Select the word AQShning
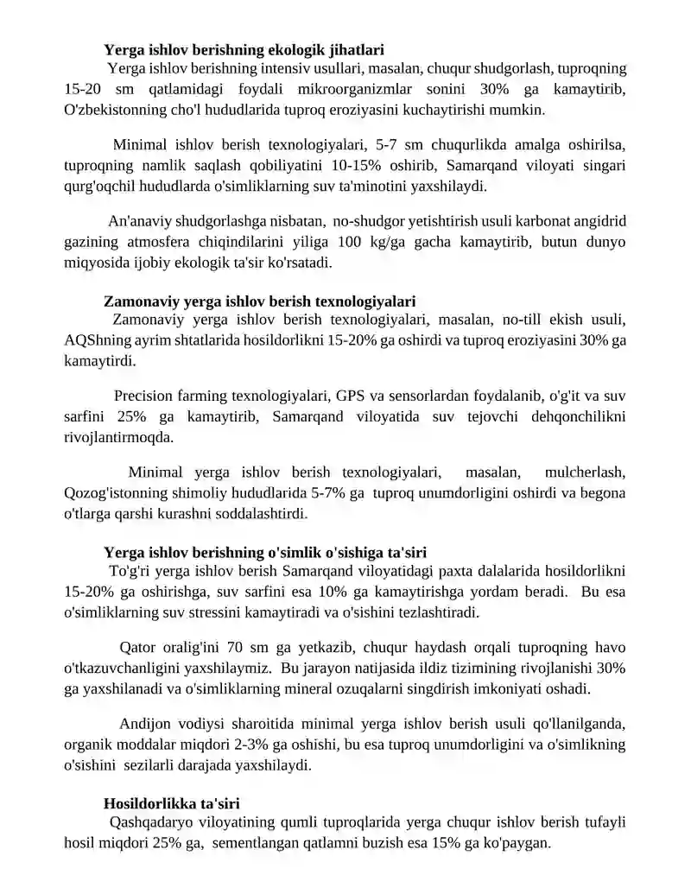(95, 339)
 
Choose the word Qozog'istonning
(118, 494)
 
